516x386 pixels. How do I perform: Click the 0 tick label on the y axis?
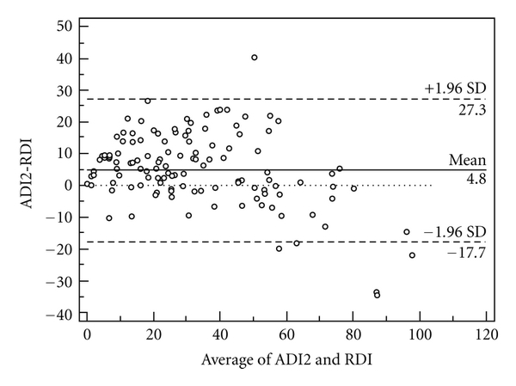pos(70,185)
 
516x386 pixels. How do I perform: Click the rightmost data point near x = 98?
pos(412,255)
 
